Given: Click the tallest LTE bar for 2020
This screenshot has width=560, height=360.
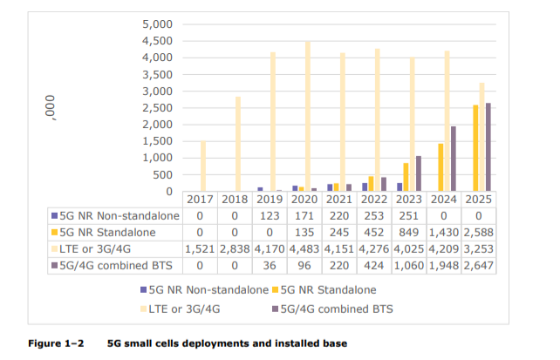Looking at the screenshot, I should [x=307, y=117].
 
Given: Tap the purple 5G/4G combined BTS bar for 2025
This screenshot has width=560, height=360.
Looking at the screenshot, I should [x=488, y=147].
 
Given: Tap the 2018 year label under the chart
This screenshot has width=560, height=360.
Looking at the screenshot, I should [x=236, y=200].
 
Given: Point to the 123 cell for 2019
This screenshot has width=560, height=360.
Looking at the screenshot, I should [x=271, y=215].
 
